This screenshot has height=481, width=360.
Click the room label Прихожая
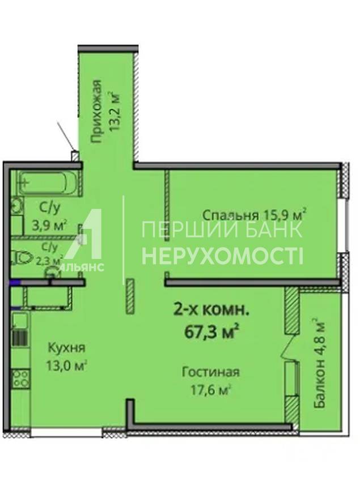96,112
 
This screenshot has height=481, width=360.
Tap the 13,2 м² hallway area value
115,110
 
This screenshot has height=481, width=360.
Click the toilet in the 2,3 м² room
22,257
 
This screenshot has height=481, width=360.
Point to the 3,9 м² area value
49,225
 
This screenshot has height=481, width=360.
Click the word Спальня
231,215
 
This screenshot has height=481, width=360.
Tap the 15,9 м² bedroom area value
284,214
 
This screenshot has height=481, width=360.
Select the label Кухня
67,348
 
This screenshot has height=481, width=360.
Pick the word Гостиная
210,372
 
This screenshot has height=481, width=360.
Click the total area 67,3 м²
211,331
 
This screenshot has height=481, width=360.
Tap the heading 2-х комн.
211,310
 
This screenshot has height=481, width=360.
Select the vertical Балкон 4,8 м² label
319,364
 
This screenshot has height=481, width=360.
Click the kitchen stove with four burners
21,379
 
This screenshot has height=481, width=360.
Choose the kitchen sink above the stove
20,321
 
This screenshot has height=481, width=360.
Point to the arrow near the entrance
65,135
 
